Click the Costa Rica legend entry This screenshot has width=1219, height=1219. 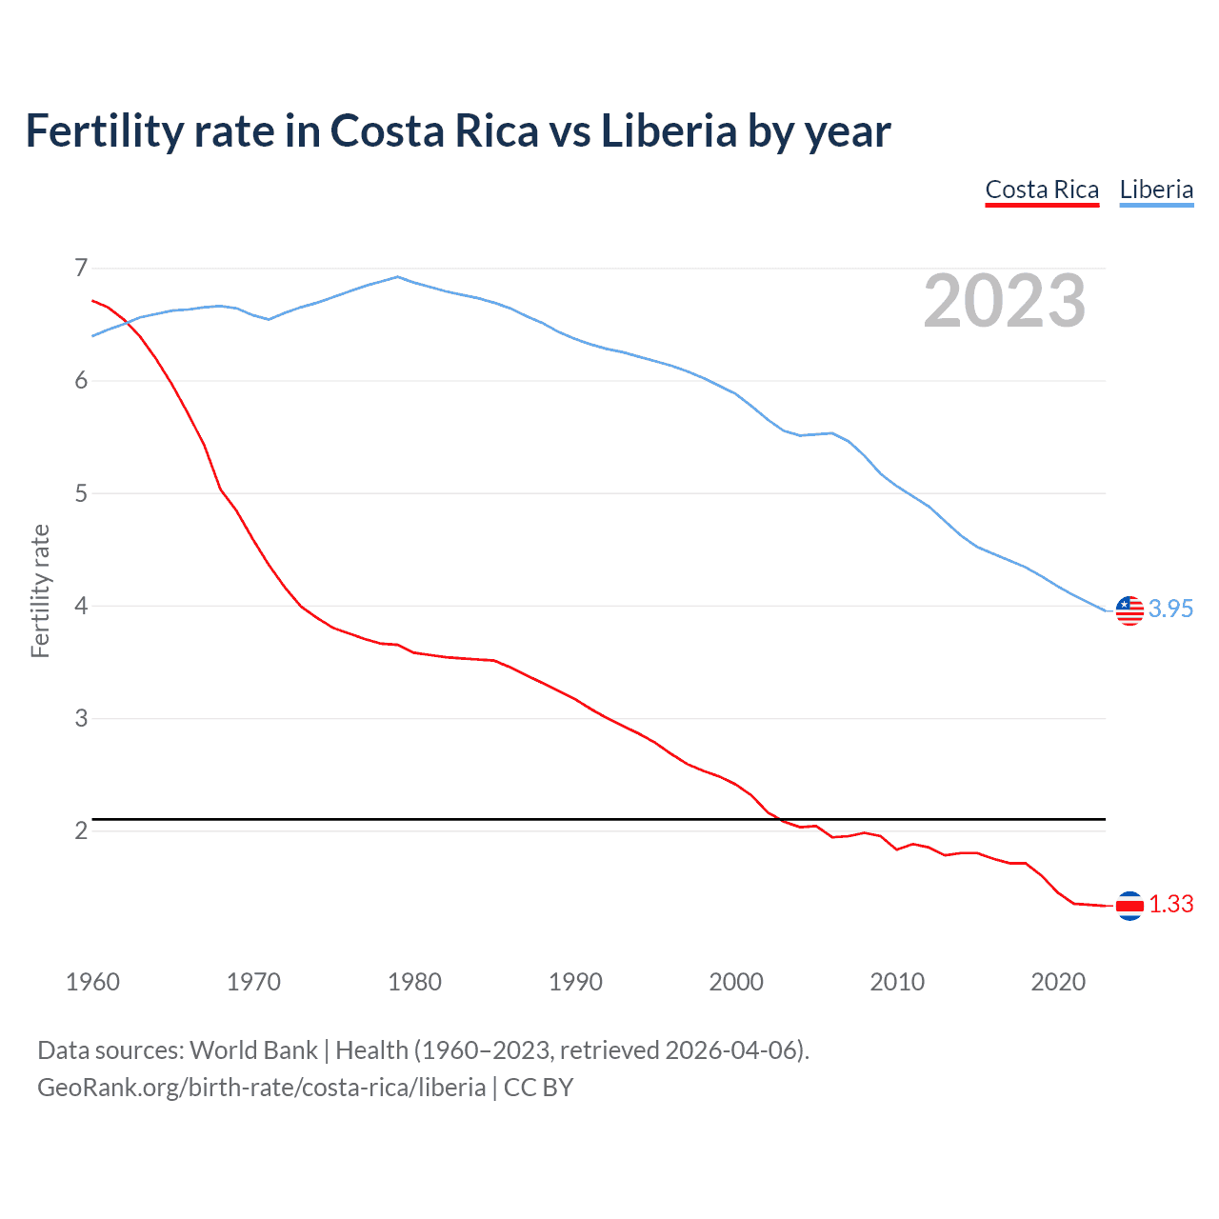pos(1042,190)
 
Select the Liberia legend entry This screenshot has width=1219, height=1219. pos(1156,190)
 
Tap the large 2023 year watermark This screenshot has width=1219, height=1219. pos(1004,301)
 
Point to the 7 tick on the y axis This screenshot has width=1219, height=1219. pos(81,268)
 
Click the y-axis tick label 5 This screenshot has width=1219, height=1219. pos(81,493)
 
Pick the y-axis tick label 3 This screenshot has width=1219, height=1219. pos(81,718)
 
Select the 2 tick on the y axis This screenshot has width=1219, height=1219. pos(81,830)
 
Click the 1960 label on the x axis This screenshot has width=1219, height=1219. pos(92,982)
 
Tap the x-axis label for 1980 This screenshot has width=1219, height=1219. pos(414,982)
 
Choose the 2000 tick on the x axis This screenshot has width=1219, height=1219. pos(736,982)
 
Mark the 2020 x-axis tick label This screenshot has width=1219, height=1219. pos(1058,982)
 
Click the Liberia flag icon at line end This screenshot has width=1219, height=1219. pos(1129,610)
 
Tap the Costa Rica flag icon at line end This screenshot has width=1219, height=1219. pos(1129,906)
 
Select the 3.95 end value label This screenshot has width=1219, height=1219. pos(1170,609)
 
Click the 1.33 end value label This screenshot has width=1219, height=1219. pos(1170,904)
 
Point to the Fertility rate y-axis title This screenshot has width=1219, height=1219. pos(40,590)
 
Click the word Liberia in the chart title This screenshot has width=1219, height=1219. pos(669,130)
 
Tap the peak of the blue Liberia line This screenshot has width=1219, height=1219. pos(398,277)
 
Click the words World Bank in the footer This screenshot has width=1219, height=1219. pos(253,1049)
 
